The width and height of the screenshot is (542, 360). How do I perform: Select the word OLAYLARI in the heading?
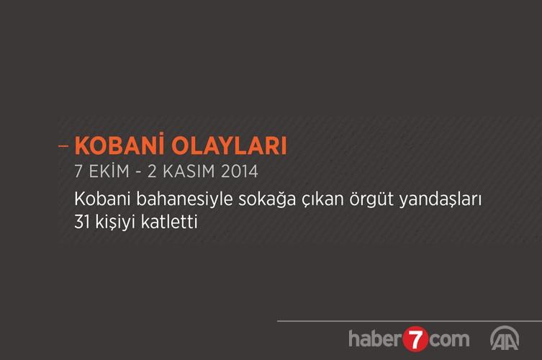pos(229,145)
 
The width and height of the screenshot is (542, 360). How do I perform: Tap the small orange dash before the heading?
pos(63,146)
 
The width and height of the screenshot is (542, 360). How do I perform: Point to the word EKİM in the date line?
pos(109,171)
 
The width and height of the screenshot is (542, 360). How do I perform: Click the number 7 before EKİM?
pos(78,171)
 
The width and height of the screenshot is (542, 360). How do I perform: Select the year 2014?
pos(240,171)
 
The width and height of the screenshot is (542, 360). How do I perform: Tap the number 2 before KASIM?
pos(152,171)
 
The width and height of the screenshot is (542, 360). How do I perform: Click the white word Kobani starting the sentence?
pos(102,199)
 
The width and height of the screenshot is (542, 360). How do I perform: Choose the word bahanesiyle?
pos(184,200)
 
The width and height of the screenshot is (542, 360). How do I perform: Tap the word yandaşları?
pos(441,200)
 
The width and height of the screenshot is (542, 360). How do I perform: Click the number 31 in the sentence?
pos(82,222)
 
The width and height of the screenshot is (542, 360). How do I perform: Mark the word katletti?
pos(169,222)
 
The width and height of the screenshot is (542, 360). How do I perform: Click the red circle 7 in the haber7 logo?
pos(415,339)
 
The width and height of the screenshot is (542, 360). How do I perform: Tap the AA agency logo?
pos(505,338)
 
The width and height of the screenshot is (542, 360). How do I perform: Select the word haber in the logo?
pos(376,338)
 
